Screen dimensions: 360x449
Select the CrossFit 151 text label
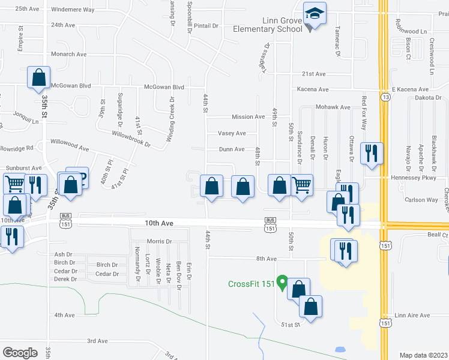pyautogui.click(x=252, y=284)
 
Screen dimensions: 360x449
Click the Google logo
pyautogui.click(x=20, y=352)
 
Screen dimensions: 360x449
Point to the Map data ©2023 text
pyautogui.click(x=424, y=355)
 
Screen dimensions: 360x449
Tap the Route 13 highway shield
pyautogui.click(x=385, y=97)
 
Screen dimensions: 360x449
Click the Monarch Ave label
pyautogui.click(x=68, y=54)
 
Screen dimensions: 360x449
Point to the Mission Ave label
pyautogui.click(x=249, y=117)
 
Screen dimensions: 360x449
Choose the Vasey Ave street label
pyautogui.click(x=232, y=133)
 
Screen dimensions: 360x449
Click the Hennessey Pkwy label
pyautogui.click(x=414, y=178)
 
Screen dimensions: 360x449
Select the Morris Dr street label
pyautogui.click(x=159, y=241)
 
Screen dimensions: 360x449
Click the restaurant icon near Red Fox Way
pyautogui.click(x=373, y=152)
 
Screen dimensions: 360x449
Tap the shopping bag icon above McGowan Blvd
pyautogui.click(x=38, y=77)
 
